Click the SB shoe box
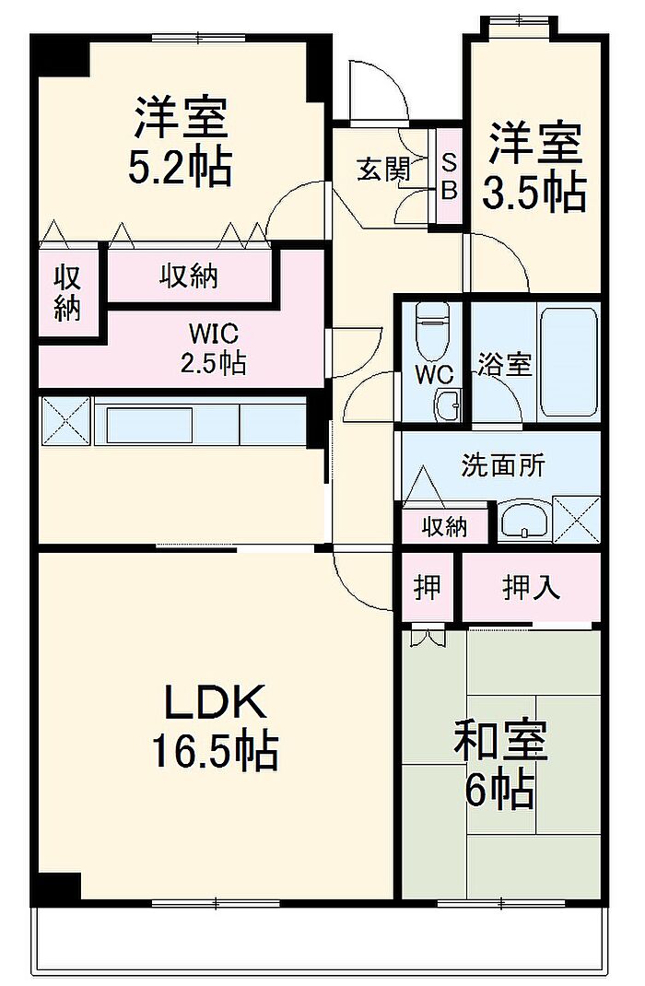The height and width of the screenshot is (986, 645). [x=449, y=175]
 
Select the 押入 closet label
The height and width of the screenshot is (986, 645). [x=531, y=587]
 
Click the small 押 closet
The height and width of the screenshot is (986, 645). [x=427, y=587]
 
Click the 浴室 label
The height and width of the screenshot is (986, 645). [x=503, y=364]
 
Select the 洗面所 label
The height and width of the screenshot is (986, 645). [x=502, y=465]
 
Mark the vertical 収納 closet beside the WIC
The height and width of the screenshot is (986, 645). [x=67, y=293]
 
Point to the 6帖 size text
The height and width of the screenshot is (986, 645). [x=499, y=790]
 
